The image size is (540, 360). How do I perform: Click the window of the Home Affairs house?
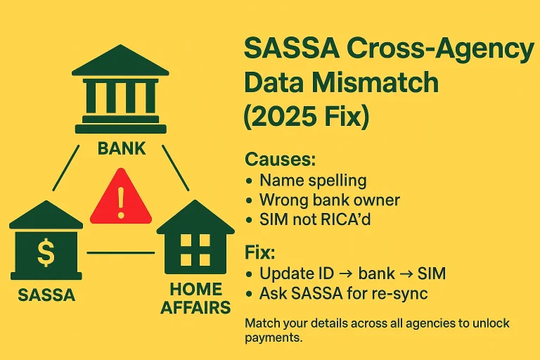tap(195, 247)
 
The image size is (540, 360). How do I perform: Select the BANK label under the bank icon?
tap(122, 148)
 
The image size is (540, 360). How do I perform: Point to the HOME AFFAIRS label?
tap(195, 298)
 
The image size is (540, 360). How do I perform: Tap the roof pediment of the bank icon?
tap(121, 63)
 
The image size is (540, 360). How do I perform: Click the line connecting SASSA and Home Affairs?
tap(120, 252)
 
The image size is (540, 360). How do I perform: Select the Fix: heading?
tap(259, 252)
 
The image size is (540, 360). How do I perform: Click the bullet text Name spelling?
tap(313, 180)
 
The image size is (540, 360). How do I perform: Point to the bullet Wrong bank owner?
tap(329, 200)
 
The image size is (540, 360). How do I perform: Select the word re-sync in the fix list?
tap(399, 292)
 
